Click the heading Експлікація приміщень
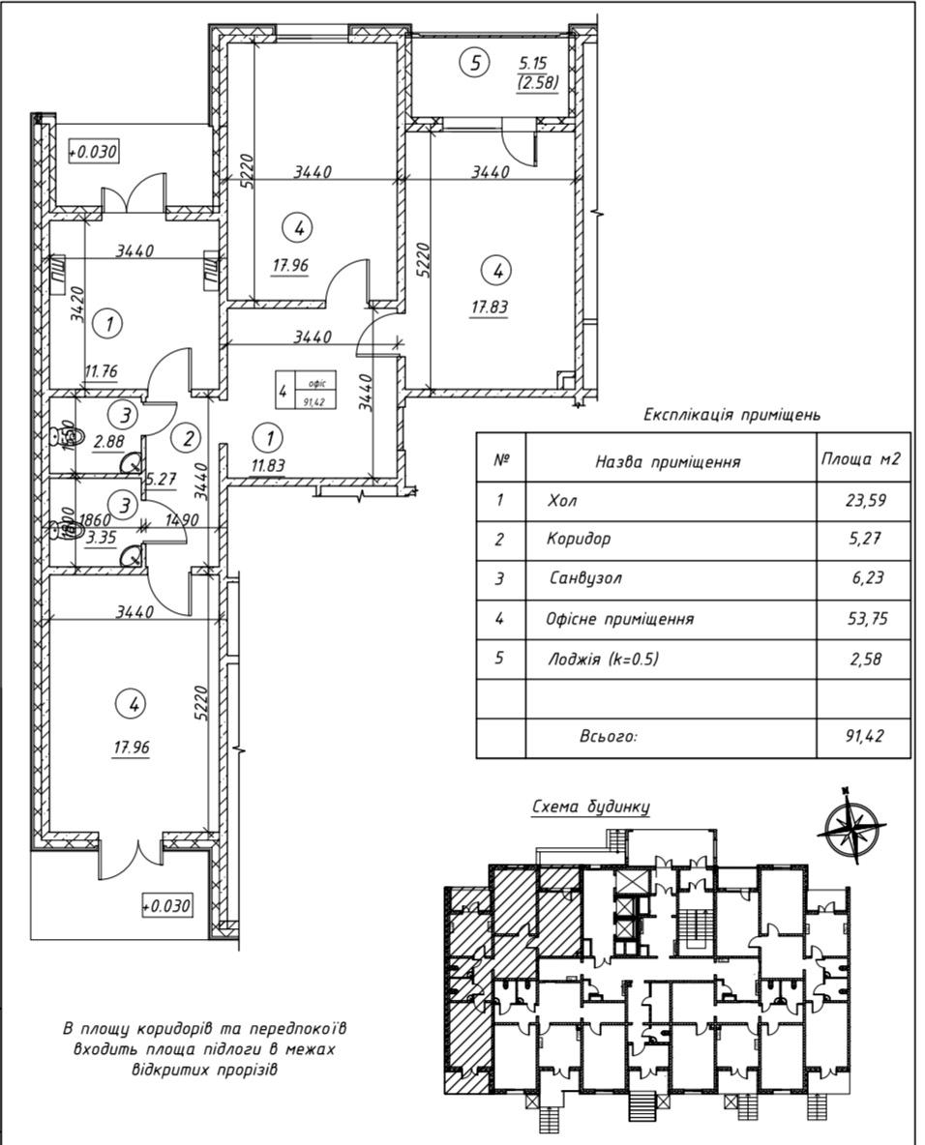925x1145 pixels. coord(732,415)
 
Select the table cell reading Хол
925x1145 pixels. coord(560,501)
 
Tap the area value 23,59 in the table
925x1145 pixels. coord(865,501)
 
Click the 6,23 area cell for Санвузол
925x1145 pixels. coord(866,579)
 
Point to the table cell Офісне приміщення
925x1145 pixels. coord(620,619)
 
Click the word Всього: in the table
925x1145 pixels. coord(608,737)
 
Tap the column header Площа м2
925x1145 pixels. coord(860,459)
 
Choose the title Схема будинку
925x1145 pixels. coord(591,807)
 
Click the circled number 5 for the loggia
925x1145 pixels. coord(474,64)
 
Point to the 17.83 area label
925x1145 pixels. coord(491,308)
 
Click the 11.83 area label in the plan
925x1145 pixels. coord(268,466)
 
